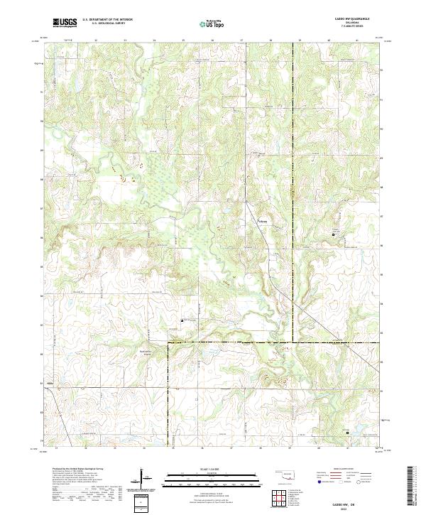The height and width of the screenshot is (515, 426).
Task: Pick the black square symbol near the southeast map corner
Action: pyautogui.click(x=347, y=431)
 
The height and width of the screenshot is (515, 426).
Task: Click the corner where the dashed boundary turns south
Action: pyautogui.click(x=168, y=343)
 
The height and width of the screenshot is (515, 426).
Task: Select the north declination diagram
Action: pyautogui.click(x=143, y=479)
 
